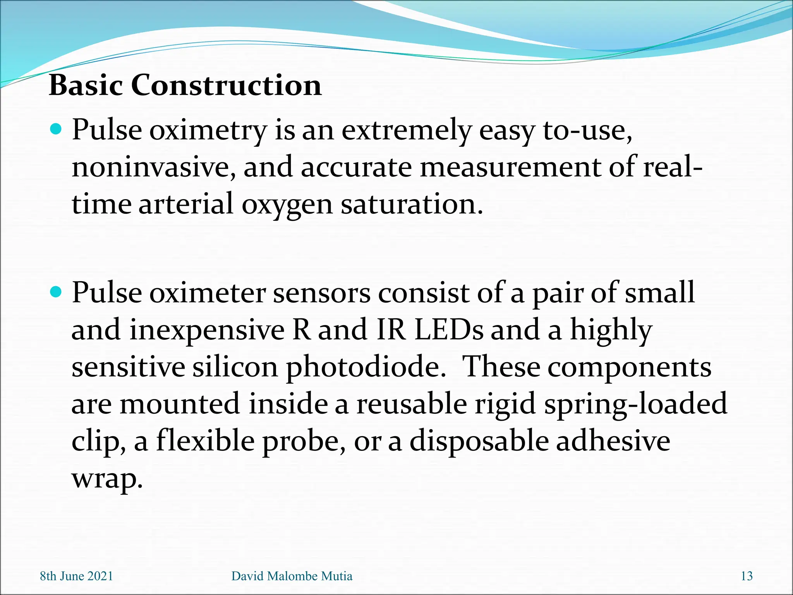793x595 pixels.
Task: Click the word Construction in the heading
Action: point(226,85)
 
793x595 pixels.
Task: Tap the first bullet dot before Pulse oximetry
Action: point(57,129)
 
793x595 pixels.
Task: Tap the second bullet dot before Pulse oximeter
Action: point(57,292)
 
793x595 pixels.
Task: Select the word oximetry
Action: point(208,131)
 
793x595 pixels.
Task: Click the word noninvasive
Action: point(153,168)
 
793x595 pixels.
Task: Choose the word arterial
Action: point(186,204)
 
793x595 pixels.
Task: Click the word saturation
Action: point(411,204)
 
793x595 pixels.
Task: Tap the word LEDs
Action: point(448,330)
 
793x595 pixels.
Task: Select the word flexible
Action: point(205,441)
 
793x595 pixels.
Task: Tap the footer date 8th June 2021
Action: point(77,576)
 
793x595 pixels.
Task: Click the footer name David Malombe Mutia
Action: point(292,576)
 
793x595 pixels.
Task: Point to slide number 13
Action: point(747,576)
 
